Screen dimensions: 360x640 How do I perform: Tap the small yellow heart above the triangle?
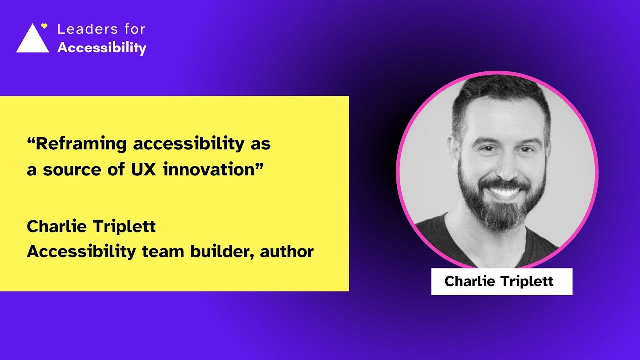click(44, 26)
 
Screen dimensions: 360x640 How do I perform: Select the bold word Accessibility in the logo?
click(102, 48)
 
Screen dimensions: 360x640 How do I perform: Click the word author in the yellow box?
click(288, 252)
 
